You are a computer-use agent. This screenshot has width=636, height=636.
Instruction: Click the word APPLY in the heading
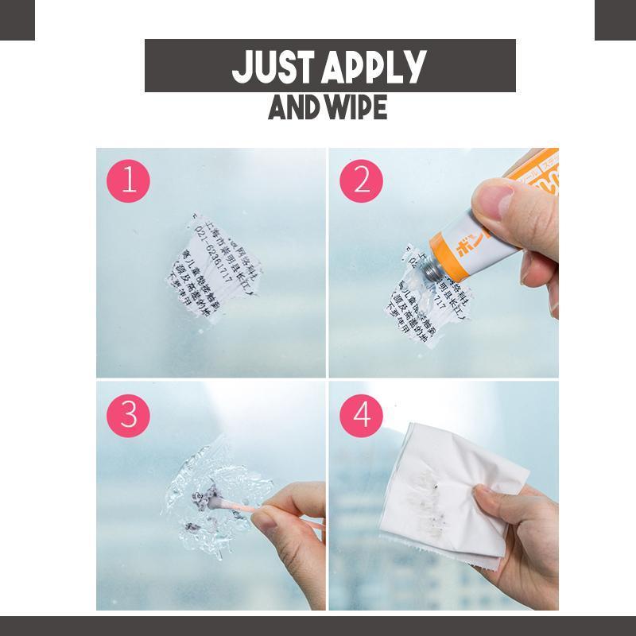coord(374,67)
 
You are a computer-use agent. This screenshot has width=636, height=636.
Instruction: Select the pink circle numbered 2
coord(362,181)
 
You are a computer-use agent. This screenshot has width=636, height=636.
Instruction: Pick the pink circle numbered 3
coord(128,415)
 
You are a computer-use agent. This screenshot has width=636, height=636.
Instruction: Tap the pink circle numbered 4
coord(362,415)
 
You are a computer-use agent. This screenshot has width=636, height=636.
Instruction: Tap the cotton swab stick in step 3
coord(278,509)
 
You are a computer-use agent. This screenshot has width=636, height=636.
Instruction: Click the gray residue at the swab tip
coord(213,499)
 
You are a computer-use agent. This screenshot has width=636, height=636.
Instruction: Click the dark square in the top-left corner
coord(17,20)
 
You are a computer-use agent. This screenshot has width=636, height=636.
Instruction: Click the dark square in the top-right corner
coord(615,20)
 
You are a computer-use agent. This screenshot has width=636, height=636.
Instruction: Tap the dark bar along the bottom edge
coord(318,626)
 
